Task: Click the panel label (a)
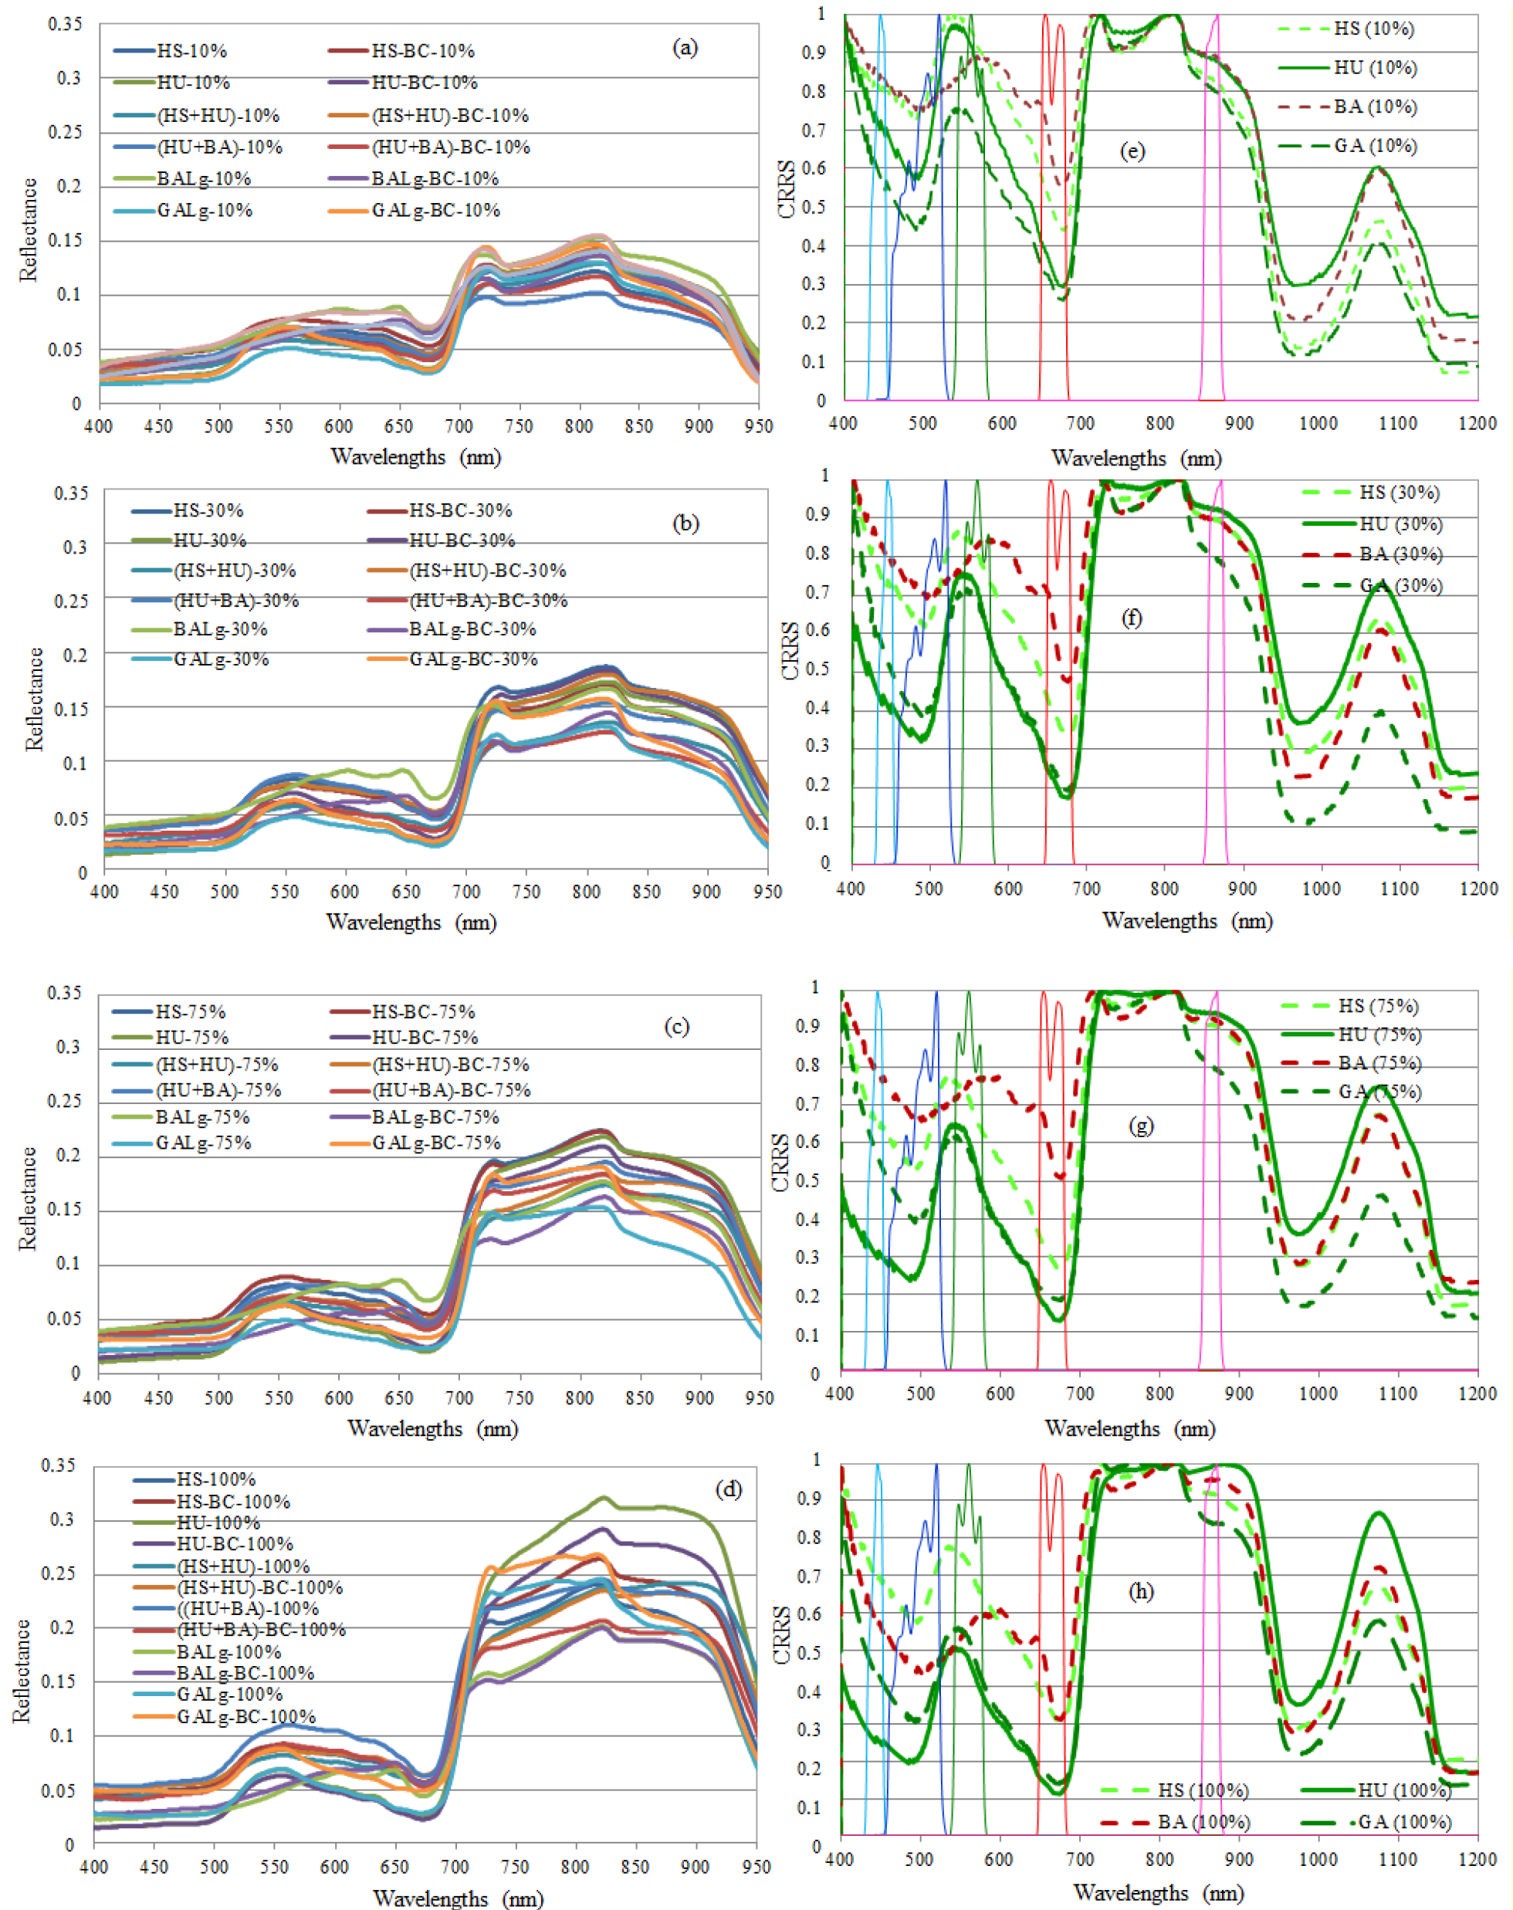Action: [685, 48]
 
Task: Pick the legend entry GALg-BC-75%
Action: [436, 1143]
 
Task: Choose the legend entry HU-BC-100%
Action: [235, 1544]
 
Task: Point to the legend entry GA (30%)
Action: [1400, 585]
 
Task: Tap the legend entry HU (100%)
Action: [1404, 1790]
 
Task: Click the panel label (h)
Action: [1140, 1592]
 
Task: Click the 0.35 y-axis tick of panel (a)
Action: [65, 24]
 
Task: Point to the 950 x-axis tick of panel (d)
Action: [755, 1867]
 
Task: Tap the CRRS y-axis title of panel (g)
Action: [780, 1163]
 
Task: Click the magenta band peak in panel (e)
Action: [1217, 16]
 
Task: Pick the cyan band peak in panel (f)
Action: [888, 482]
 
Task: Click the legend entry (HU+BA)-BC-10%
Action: [450, 147]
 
